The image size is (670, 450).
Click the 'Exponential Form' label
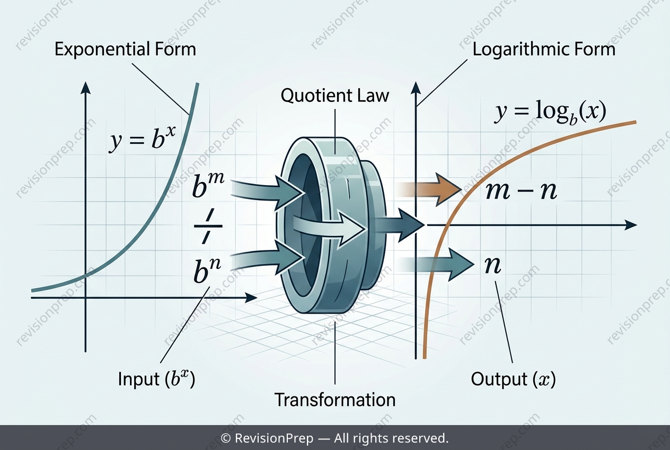coord(125,49)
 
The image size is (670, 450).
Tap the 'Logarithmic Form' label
coord(544,50)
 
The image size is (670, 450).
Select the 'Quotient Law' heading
coord(335,96)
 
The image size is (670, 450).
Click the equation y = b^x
coord(142,139)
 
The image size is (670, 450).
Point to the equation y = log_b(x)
coord(550,112)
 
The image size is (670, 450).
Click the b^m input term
coord(208,185)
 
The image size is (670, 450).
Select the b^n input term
coord(207,270)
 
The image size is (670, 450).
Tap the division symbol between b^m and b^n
coord(208,227)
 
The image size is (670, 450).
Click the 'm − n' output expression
coord(522,191)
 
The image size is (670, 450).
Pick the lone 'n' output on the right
coord(492,265)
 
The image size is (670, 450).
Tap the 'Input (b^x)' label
coord(156,379)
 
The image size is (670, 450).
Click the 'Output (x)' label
coord(513,379)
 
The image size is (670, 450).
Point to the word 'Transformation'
coord(335,400)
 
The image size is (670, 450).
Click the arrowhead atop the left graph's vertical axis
coord(86,88)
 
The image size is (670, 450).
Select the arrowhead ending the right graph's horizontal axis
coord(631,225)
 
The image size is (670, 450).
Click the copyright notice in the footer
coord(334,438)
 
